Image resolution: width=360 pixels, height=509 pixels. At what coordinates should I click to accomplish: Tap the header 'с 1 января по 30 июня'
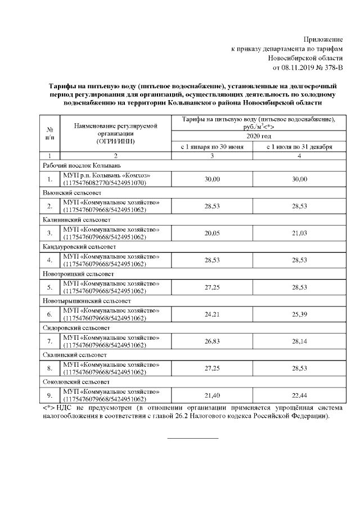pos(212,147)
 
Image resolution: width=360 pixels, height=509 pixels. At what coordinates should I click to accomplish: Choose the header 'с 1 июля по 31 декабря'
pos(299,147)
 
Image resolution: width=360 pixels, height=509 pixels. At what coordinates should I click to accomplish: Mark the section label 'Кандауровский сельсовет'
pos(79,246)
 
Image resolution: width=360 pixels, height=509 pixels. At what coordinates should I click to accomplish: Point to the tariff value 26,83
pos(212,341)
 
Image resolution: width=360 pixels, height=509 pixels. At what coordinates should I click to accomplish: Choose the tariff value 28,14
pos(299,341)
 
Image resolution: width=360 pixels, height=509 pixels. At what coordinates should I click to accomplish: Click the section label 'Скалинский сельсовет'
pos(74,355)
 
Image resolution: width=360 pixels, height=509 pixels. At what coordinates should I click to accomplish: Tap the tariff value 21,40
pos(212,395)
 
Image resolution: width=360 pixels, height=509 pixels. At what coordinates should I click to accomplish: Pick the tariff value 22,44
pos(299,395)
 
